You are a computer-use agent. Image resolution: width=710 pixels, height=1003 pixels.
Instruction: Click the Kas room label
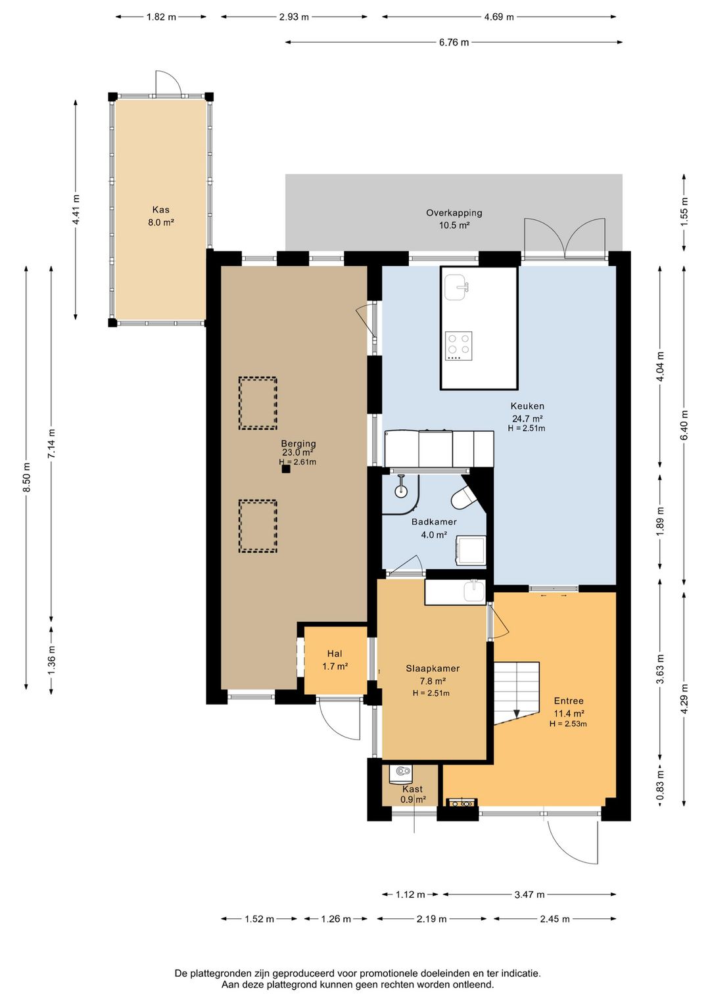click(x=161, y=210)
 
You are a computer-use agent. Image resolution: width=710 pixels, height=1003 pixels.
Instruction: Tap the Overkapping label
click(x=454, y=213)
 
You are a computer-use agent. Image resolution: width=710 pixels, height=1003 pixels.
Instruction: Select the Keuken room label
click(x=527, y=406)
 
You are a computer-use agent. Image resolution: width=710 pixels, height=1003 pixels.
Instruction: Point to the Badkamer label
click(x=434, y=522)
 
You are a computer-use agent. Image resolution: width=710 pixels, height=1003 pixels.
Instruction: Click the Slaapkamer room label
click(x=433, y=668)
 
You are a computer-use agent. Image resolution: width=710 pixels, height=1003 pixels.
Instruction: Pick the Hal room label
click(x=335, y=654)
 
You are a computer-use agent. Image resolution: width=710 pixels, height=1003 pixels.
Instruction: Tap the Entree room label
click(x=569, y=701)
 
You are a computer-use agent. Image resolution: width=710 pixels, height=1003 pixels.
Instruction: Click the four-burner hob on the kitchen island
click(x=459, y=346)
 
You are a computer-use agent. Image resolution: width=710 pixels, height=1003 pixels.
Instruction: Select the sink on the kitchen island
click(x=457, y=287)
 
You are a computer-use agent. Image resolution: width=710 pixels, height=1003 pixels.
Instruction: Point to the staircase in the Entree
click(x=517, y=693)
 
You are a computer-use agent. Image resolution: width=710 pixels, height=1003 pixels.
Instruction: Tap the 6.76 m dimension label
click(x=454, y=43)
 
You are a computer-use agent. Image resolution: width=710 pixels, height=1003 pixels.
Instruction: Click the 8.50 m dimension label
click(x=27, y=477)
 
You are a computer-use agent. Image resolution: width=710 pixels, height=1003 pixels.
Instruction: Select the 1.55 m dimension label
click(x=684, y=212)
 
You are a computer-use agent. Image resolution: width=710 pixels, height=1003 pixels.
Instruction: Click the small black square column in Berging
click(x=286, y=469)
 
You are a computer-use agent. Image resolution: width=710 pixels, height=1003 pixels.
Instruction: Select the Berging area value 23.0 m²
click(x=298, y=452)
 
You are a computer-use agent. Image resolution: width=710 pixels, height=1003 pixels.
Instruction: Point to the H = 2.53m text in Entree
click(x=569, y=723)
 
